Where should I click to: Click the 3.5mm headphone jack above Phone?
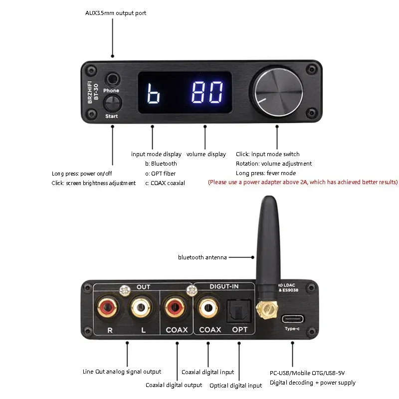point(112,79)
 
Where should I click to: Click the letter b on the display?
point(153,93)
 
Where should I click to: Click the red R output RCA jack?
point(108,308)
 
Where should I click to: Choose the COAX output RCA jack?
point(176,308)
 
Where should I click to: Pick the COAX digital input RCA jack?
point(209,308)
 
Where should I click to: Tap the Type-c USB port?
point(292,319)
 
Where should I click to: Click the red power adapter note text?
point(303,183)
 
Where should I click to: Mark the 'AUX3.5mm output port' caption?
point(116,13)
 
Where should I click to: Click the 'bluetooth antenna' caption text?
point(202,257)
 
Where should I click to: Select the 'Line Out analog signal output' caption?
point(122,372)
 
